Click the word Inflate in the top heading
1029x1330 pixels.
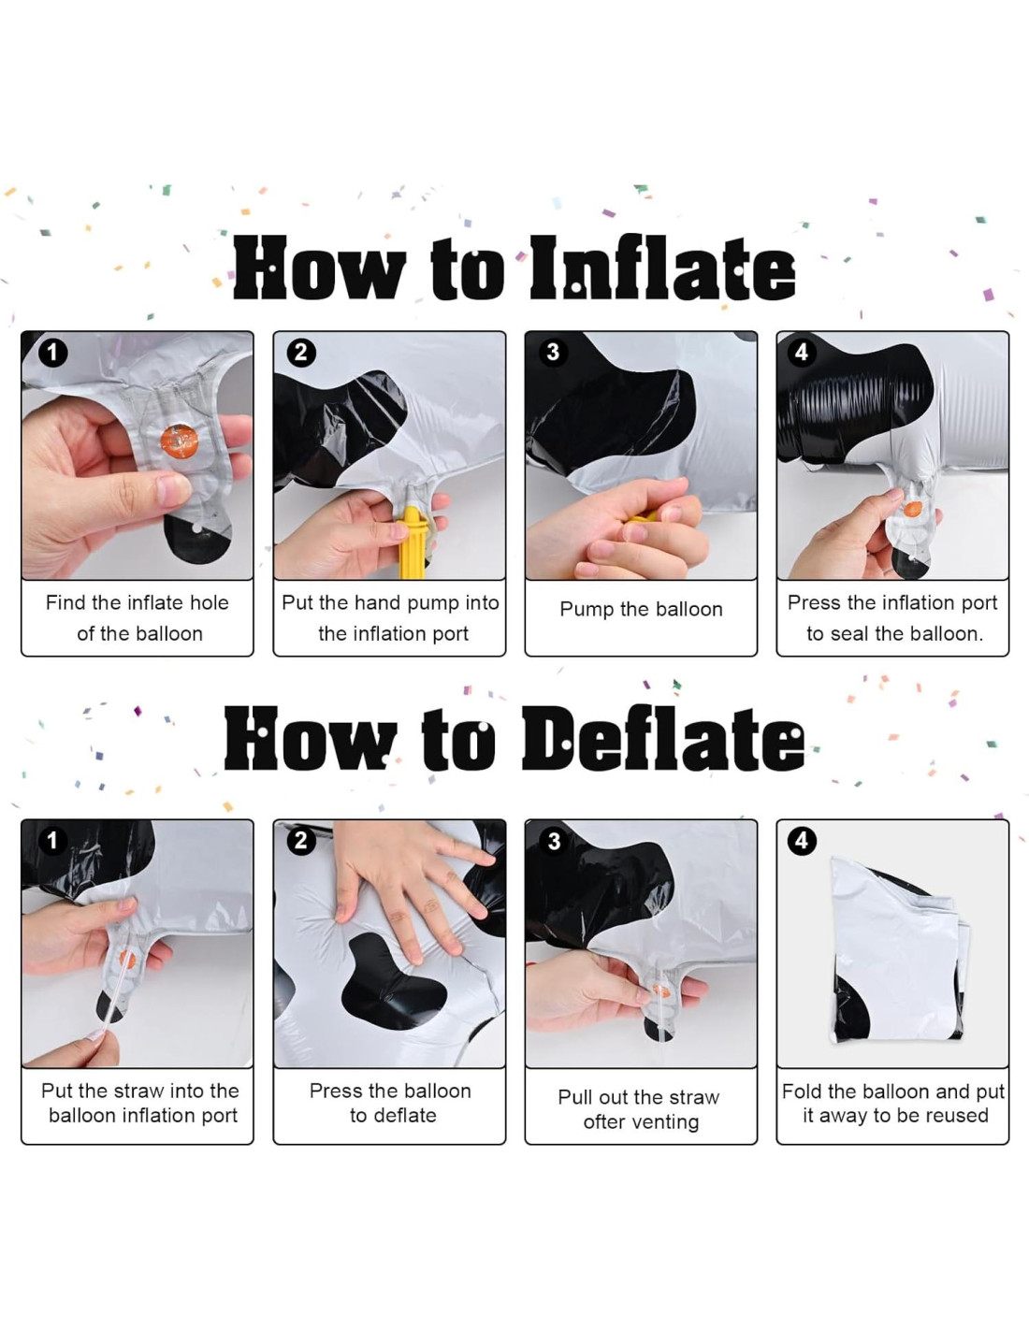[663, 268]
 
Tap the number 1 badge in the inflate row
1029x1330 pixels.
[52, 354]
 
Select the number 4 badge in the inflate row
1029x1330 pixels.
[801, 352]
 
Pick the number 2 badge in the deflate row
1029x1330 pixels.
[300, 841]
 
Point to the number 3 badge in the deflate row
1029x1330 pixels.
[553, 841]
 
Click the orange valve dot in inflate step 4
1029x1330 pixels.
[914, 509]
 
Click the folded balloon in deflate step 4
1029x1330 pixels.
[898, 950]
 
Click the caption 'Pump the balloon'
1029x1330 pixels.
[641, 609]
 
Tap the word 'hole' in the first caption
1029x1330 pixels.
[209, 602]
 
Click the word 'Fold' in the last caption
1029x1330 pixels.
[803, 1091]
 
